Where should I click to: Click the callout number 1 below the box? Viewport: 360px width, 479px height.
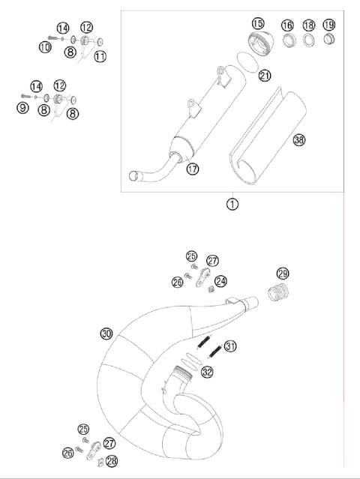[x=232, y=203]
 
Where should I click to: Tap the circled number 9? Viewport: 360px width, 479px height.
[x=23, y=108]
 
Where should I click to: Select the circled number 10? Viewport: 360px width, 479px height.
[x=46, y=47]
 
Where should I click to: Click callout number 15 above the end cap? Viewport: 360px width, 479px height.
[x=258, y=24]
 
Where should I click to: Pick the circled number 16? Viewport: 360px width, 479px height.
[x=287, y=25]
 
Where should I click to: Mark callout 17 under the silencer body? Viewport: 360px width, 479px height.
[x=192, y=169]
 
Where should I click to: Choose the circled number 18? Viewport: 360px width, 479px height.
[x=308, y=25]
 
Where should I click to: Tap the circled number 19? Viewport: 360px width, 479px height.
[x=328, y=25]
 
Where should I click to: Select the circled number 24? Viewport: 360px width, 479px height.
[x=220, y=281]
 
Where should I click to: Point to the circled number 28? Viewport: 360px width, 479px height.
[x=112, y=460]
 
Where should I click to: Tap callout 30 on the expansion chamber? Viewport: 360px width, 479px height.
[x=106, y=333]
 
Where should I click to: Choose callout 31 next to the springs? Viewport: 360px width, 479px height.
[x=230, y=346]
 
